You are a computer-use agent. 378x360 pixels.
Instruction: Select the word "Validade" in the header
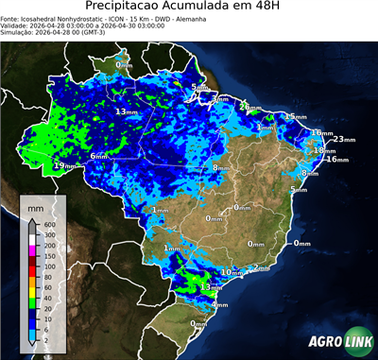tap(16, 25)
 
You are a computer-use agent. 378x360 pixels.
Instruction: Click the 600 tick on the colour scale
tap(46, 223)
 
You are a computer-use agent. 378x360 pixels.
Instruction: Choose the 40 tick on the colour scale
tap(44, 290)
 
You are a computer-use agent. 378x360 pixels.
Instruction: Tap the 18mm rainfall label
tap(324, 150)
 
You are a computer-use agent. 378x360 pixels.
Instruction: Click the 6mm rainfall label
tap(98, 156)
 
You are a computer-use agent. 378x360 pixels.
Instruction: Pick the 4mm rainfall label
tap(220, 304)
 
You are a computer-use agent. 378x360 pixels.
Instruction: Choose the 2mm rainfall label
tap(262, 268)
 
